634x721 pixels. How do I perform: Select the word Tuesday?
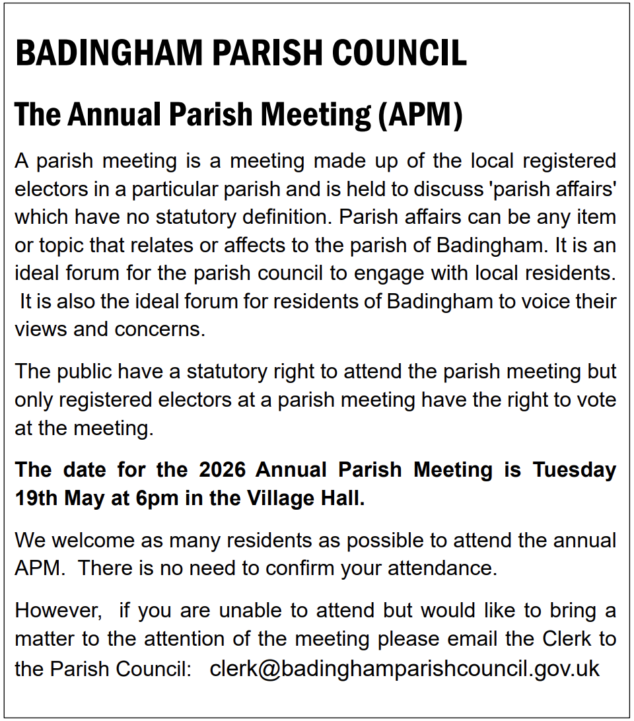coord(574,469)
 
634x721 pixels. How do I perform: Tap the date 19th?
coord(36,498)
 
